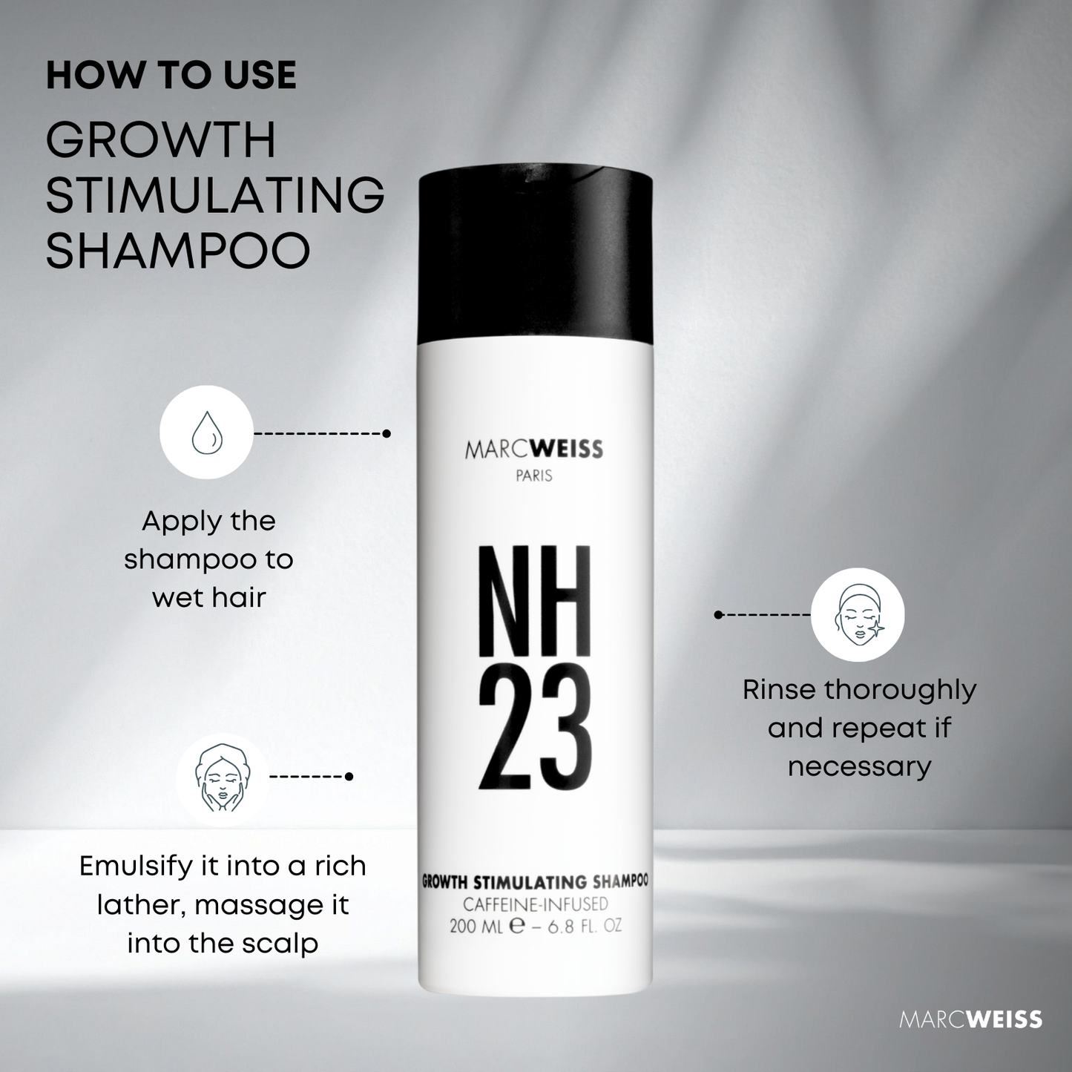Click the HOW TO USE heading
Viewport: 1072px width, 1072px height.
click(x=171, y=76)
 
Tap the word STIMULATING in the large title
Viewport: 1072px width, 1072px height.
click(x=215, y=194)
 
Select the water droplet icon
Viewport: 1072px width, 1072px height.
click(x=206, y=433)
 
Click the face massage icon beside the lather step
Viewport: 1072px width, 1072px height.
click(x=222, y=777)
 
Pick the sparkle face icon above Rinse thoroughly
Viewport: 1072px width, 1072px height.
click(x=858, y=615)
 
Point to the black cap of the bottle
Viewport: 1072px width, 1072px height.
click(x=535, y=256)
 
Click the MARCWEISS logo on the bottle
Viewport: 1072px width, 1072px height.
click(x=534, y=450)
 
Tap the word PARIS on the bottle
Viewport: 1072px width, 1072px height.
click(x=534, y=476)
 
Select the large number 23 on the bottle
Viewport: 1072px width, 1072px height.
click(x=534, y=728)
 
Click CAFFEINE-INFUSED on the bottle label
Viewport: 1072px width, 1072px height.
click(x=535, y=904)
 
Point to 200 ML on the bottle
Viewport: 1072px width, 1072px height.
click(x=476, y=927)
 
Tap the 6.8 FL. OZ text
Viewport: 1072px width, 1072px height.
click(x=585, y=927)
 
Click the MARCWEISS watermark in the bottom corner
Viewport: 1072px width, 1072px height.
click(x=970, y=1019)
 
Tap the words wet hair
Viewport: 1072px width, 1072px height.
click(x=208, y=597)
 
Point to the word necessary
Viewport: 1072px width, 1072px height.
click(x=859, y=766)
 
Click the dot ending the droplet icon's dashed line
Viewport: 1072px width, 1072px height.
click(x=387, y=433)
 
